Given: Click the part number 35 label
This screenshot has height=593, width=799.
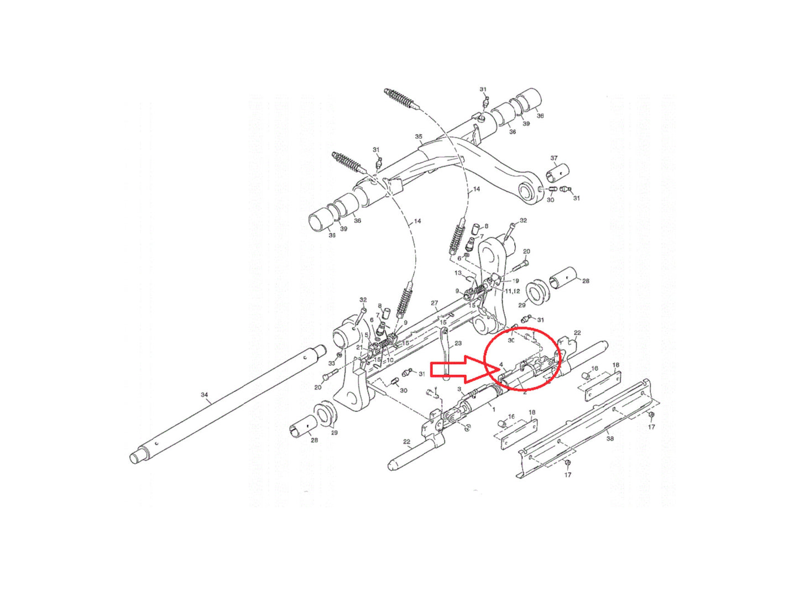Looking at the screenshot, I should coord(419,137).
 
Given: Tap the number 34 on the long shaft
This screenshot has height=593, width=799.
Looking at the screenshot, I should coord(205,395).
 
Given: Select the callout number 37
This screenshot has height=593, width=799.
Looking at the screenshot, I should coord(553,159).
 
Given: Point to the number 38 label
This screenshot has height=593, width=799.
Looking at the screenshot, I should coord(609,438).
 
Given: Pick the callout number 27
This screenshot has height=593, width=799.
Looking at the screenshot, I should coord(434,303).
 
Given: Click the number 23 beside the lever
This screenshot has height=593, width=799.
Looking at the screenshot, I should coord(458,344).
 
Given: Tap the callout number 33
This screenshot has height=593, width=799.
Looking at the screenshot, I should coord(332,363).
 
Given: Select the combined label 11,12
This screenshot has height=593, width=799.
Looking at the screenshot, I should coord(511,291).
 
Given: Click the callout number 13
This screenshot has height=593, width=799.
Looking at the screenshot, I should coord(458,273).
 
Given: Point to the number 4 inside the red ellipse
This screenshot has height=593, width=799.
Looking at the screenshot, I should coord(500,364).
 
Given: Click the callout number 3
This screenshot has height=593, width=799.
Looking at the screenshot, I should coord(459,389).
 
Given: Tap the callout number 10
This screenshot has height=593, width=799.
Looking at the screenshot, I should coord(390,360).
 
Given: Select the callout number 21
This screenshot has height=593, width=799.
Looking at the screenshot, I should coord(359,348).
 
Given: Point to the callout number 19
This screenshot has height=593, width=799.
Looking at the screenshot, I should coord(515,281).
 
